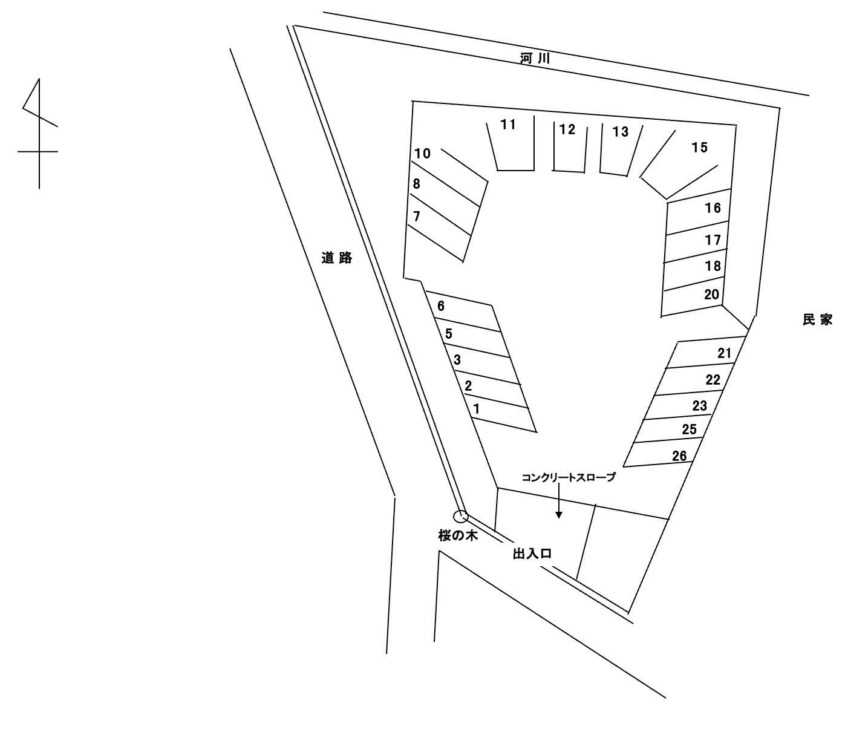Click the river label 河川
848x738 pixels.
[535, 59]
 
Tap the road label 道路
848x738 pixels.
[337, 258]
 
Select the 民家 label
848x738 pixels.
[817, 320]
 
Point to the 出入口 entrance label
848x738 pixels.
[532, 553]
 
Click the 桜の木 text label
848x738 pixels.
[458, 535]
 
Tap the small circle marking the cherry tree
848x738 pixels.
[462, 516]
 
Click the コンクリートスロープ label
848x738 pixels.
[569, 477]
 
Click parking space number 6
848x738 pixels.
[463, 309]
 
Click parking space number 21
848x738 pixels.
[705, 353]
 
